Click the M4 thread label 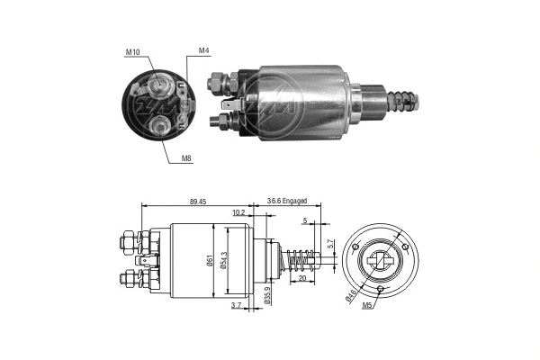click(204, 51)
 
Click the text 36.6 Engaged click(287, 202)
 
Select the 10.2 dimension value click(238, 213)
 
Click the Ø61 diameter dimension click(210, 262)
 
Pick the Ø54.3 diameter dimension click(233, 262)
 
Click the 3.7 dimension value click(235, 307)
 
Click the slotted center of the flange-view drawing click(382, 262)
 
